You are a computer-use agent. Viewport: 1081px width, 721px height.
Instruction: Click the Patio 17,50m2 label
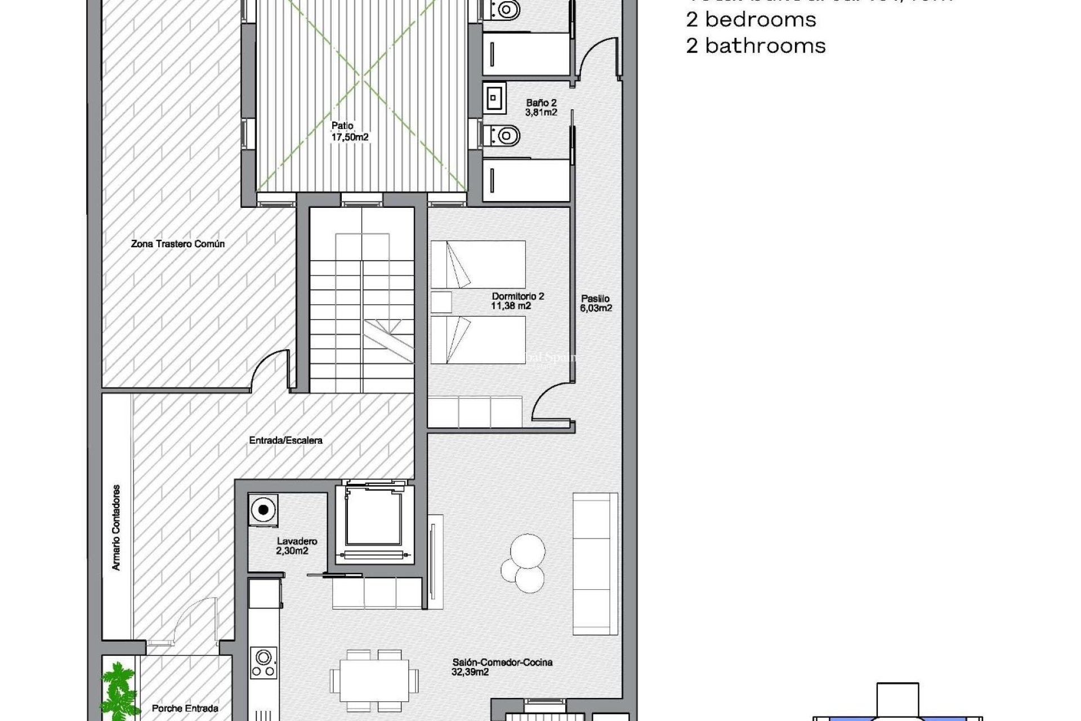[350, 131]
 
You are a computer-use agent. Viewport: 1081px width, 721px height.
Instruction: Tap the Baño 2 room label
[541, 107]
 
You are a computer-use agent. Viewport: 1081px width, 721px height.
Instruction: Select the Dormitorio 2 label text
[517, 301]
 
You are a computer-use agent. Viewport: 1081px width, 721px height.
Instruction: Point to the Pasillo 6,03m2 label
[596, 303]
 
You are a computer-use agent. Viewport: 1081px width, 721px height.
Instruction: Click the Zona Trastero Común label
[178, 244]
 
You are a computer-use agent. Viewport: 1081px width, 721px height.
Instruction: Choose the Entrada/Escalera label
[285, 440]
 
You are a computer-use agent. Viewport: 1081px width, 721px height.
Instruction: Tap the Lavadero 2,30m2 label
[296, 546]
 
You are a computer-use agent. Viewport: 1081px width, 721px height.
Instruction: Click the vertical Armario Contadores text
[117, 527]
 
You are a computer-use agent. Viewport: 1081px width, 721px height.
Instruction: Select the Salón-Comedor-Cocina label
[502, 667]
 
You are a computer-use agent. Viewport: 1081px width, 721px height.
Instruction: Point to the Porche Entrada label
[185, 708]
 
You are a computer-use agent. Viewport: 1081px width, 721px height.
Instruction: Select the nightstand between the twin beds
[441, 302]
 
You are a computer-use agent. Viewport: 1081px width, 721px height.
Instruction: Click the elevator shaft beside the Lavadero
[374, 521]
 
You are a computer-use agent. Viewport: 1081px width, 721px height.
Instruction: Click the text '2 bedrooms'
[751, 20]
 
